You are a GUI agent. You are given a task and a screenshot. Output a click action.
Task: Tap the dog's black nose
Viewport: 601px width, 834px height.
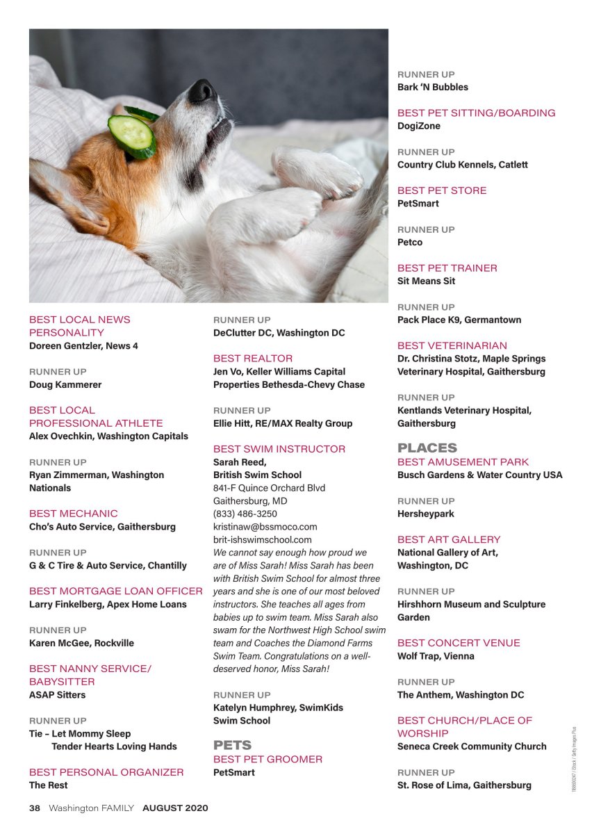click(x=202, y=90)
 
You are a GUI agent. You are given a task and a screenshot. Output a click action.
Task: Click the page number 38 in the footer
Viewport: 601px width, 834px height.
click(x=35, y=808)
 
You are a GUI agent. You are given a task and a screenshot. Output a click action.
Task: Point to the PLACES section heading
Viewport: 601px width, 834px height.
click(x=427, y=448)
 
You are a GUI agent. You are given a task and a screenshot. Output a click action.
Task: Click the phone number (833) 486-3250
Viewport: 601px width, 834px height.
click(x=245, y=514)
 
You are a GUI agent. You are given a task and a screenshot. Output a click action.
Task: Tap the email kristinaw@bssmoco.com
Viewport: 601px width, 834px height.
click(x=265, y=527)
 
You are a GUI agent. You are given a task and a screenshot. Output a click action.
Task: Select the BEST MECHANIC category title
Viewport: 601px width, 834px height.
click(x=74, y=514)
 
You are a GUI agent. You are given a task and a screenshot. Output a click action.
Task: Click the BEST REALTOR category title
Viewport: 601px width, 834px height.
click(x=253, y=359)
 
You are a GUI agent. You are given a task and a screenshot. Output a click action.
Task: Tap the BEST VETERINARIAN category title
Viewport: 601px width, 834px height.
click(x=452, y=345)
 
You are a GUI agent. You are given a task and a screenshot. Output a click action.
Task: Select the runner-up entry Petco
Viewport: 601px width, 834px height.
click(x=410, y=242)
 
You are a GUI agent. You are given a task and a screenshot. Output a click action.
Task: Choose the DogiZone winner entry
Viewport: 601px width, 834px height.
click(x=419, y=126)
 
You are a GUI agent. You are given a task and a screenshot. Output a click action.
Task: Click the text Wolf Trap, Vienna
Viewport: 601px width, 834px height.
click(x=436, y=655)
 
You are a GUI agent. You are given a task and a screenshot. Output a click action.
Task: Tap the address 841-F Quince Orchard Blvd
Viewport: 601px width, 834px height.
click(x=269, y=488)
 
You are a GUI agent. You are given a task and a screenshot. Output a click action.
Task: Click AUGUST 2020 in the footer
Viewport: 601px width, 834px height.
click(x=175, y=808)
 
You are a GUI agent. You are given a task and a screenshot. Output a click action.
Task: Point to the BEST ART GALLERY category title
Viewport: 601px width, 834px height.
click(x=449, y=539)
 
